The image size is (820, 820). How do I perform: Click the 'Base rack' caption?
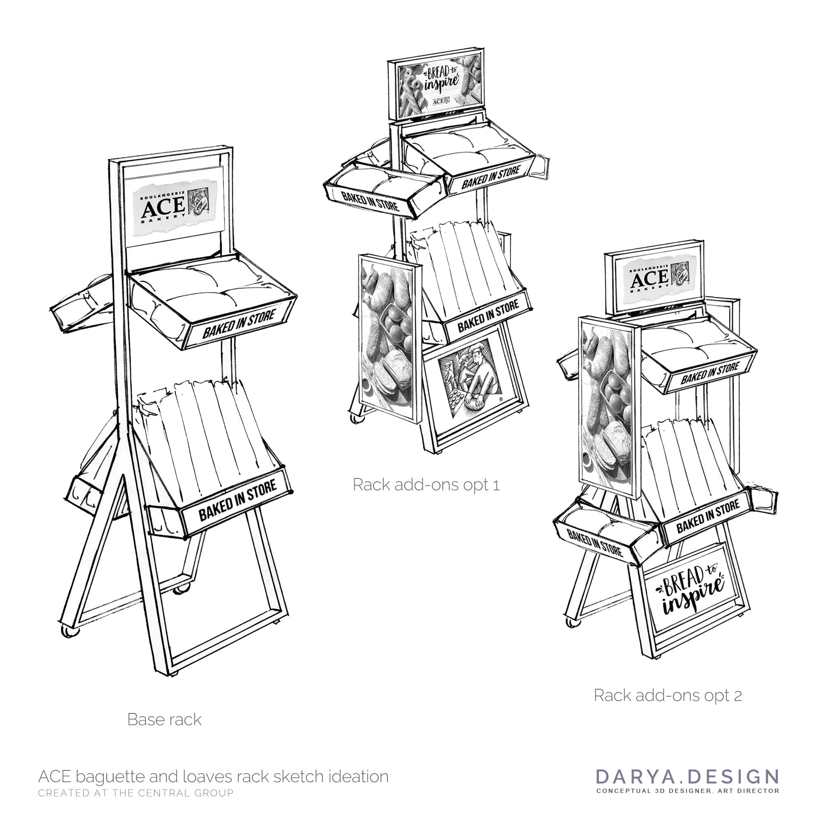click(164, 720)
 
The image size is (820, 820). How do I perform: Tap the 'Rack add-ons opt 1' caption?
click(426, 485)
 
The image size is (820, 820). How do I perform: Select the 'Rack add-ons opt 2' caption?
click(667, 695)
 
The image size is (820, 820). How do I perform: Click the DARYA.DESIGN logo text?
click(688, 776)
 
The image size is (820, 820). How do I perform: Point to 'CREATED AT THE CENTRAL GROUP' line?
click(136, 793)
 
